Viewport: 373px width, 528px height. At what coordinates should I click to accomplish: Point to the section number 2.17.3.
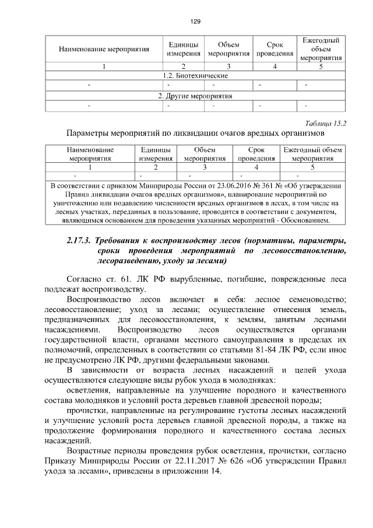(79, 240)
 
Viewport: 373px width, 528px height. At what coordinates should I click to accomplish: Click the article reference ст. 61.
(114, 279)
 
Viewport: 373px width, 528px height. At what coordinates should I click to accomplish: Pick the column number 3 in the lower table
(205, 166)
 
